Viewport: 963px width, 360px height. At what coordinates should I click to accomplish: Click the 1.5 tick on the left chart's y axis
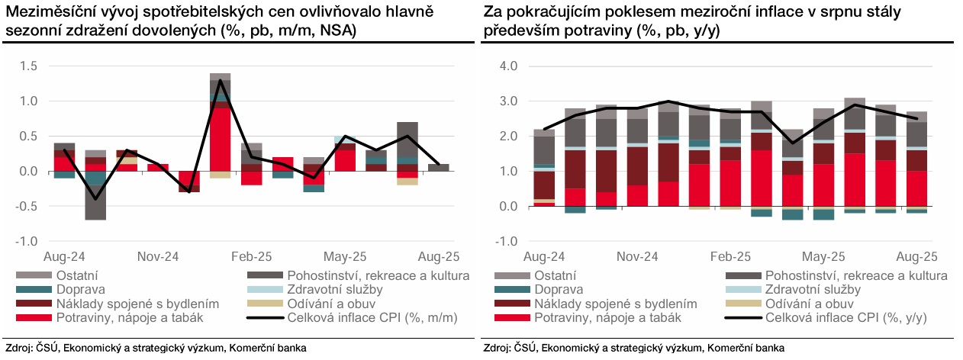tap(27, 66)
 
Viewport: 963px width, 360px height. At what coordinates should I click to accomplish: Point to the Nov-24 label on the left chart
tap(157, 257)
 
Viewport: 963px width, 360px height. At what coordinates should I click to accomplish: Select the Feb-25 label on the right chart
tap(729, 257)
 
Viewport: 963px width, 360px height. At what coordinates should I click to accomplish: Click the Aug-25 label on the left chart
tap(436, 257)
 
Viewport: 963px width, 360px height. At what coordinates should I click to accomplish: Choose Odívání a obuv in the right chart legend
tap(812, 304)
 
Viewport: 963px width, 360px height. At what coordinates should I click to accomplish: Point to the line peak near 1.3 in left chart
tap(220, 80)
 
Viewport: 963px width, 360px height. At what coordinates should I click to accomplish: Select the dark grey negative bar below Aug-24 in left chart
tap(95, 202)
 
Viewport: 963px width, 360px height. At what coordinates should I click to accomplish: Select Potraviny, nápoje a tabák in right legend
tap(585, 317)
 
